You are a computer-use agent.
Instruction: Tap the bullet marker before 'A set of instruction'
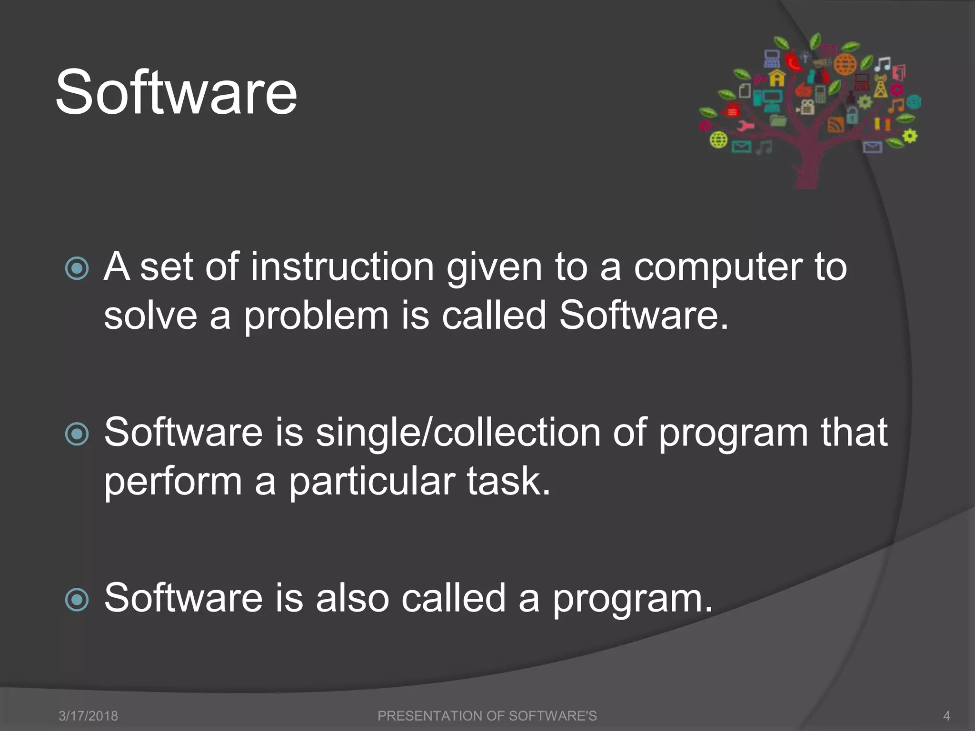[77, 268]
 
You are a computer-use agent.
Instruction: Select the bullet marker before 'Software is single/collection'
[77, 434]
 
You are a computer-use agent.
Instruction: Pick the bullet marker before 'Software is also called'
[77, 600]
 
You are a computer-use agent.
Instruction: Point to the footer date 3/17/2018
[88, 716]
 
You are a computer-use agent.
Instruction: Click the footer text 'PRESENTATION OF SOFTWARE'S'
[487, 716]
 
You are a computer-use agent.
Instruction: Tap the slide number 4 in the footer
[946, 716]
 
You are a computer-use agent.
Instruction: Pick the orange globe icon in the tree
[845, 64]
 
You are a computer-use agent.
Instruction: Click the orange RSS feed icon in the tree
[836, 124]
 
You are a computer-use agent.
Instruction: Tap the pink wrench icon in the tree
[745, 126]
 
